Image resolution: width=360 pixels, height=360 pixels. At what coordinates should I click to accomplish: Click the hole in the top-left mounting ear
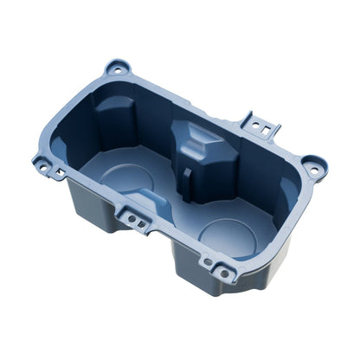click(x=117, y=67)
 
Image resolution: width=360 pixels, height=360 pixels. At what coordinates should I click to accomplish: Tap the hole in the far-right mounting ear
click(x=314, y=164)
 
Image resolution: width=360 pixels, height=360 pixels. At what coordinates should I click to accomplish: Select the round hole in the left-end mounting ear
click(x=42, y=162)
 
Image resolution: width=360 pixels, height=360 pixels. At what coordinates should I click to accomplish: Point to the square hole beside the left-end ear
click(x=58, y=174)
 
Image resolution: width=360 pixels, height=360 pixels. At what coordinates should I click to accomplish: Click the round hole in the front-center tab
click(x=132, y=219)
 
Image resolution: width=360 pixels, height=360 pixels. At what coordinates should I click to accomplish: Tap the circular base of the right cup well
click(x=228, y=235)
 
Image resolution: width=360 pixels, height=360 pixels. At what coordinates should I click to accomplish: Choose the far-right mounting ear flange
click(x=314, y=167)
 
